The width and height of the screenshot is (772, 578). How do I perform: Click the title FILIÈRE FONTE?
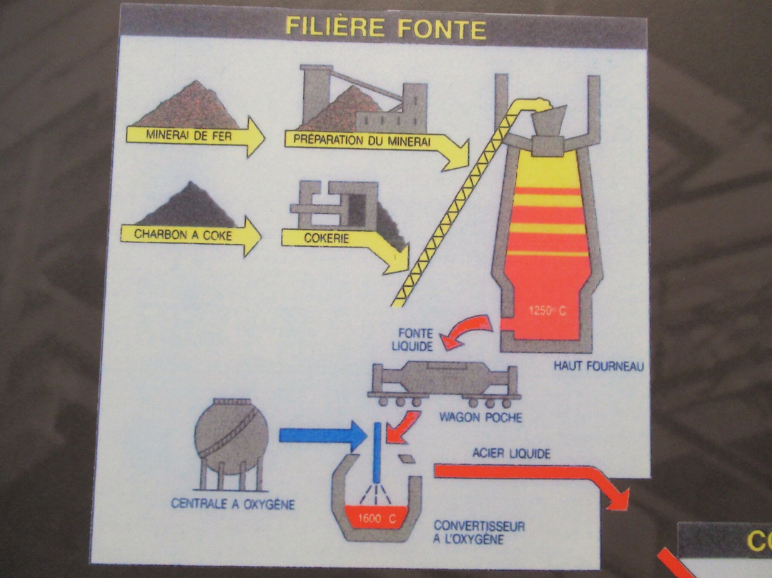pos(385,28)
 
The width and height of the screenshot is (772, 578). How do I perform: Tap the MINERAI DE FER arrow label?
pos(189,134)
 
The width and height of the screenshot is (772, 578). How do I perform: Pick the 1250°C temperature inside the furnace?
pos(545,310)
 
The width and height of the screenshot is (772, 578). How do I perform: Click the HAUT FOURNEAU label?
pos(599,366)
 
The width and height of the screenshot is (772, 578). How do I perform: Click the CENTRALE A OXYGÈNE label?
pos(233,504)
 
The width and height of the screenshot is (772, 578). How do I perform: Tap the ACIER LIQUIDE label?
pos(511,454)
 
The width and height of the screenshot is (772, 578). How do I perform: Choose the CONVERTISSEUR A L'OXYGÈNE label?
pos(479,532)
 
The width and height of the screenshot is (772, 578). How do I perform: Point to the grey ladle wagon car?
pos(443,379)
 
